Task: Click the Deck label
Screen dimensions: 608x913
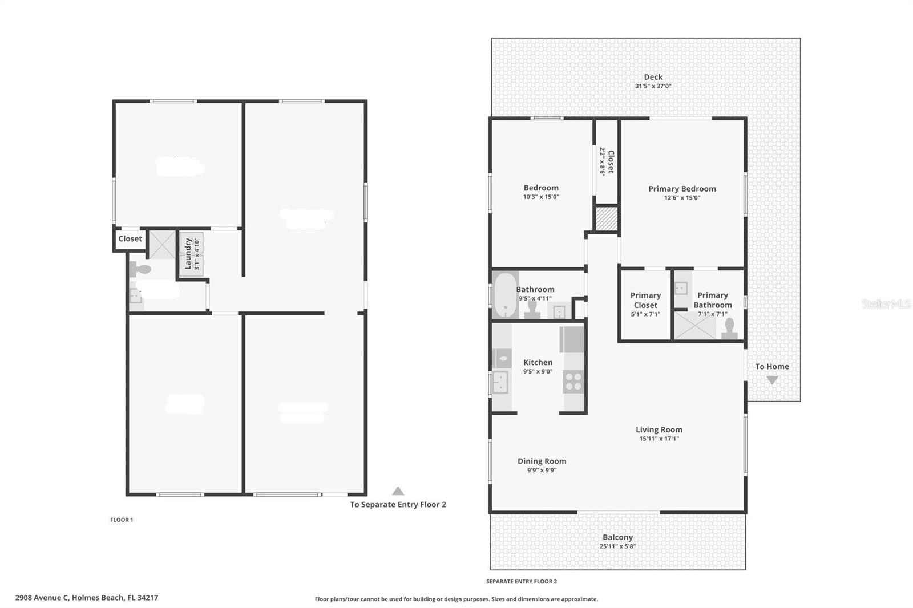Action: (653, 77)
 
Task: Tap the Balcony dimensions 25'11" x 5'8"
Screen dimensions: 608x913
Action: (617, 546)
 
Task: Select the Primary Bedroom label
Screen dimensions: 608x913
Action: (682, 189)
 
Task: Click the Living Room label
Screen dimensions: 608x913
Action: (659, 429)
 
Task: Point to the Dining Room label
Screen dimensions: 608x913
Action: (542, 461)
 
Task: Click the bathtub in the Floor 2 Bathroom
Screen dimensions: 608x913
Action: (505, 295)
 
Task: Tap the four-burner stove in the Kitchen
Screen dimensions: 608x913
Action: (573, 382)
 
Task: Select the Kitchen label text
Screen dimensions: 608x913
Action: (538, 362)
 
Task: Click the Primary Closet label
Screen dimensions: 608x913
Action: (645, 300)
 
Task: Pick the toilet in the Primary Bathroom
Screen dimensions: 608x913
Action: (729, 330)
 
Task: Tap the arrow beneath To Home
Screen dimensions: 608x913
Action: (772, 380)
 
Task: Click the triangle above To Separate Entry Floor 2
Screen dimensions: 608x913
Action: (398, 491)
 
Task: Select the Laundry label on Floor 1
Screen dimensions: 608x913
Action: (188, 253)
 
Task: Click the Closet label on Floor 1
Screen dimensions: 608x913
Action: (130, 239)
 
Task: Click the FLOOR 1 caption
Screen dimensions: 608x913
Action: (122, 520)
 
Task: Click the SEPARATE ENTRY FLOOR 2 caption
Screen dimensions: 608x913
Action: (521, 582)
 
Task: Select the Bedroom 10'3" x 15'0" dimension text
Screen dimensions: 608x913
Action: (541, 197)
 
